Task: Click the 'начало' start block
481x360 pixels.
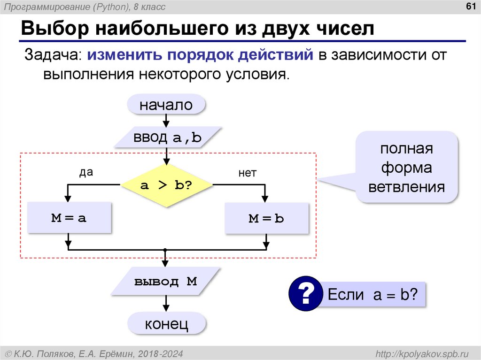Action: pyautogui.click(x=166, y=105)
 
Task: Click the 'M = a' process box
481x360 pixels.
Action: pyautogui.click(x=69, y=218)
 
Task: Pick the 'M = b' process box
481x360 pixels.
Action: pyautogui.click(x=266, y=218)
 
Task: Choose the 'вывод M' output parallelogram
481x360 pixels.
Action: pyautogui.click(x=165, y=282)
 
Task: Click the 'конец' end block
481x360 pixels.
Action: pyautogui.click(x=166, y=323)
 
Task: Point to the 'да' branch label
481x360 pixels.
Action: pyautogui.click(x=86, y=172)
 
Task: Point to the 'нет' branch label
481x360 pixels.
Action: pyautogui.click(x=247, y=173)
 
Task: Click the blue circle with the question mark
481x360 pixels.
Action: pyautogui.click(x=304, y=294)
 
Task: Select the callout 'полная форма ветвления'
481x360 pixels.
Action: pyautogui.click(x=406, y=168)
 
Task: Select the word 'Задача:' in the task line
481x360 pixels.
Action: pyautogui.click(x=53, y=55)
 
